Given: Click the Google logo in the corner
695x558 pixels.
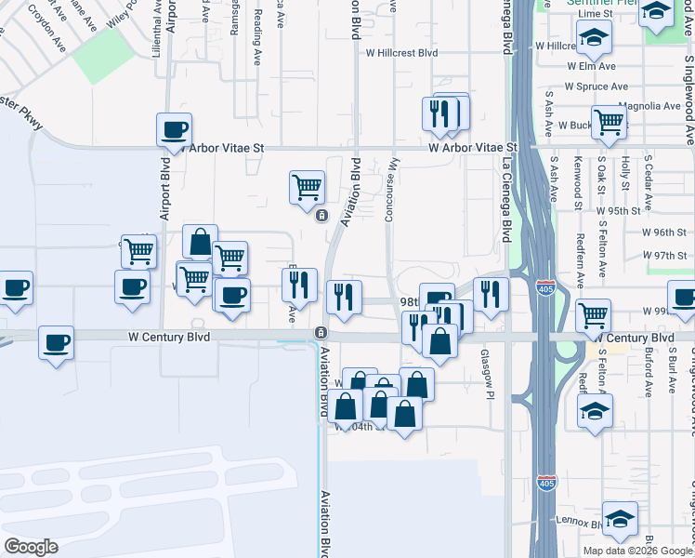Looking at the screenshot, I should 31,547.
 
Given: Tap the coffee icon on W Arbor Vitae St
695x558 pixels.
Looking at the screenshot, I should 173,130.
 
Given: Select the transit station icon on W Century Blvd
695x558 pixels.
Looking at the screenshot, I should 321,332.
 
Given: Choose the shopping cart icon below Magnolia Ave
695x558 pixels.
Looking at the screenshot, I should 609,120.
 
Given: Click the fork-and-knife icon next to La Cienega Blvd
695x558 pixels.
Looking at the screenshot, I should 491,294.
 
